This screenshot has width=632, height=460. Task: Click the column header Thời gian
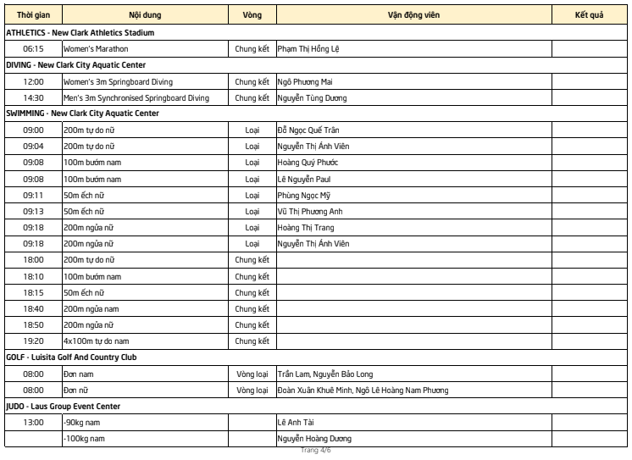click(x=33, y=15)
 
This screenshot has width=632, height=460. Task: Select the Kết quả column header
click(x=589, y=15)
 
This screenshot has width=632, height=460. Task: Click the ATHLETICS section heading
click(x=80, y=32)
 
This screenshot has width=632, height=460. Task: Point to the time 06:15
click(x=33, y=49)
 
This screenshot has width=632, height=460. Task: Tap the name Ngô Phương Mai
click(x=307, y=81)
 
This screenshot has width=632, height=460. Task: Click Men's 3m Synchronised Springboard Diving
click(x=136, y=97)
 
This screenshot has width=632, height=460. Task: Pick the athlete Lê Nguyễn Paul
click(x=303, y=179)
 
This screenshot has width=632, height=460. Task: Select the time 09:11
click(x=33, y=195)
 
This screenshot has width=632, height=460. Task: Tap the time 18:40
click(x=33, y=308)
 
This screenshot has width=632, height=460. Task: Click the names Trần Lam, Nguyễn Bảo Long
click(x=325, y=374)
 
